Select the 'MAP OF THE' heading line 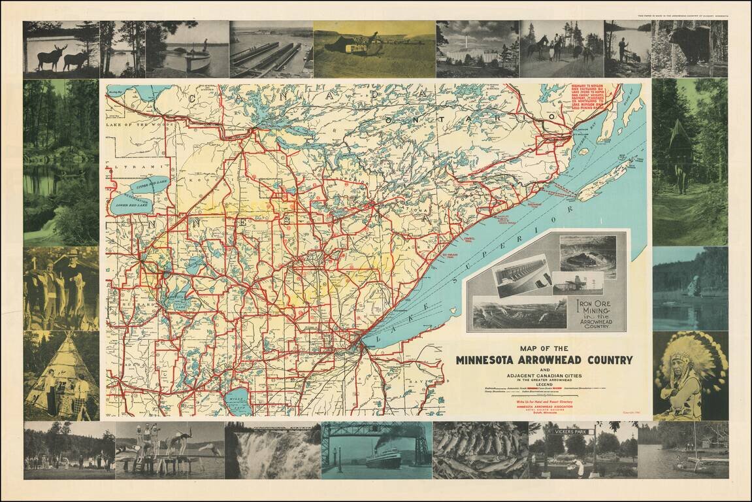(544, 348)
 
